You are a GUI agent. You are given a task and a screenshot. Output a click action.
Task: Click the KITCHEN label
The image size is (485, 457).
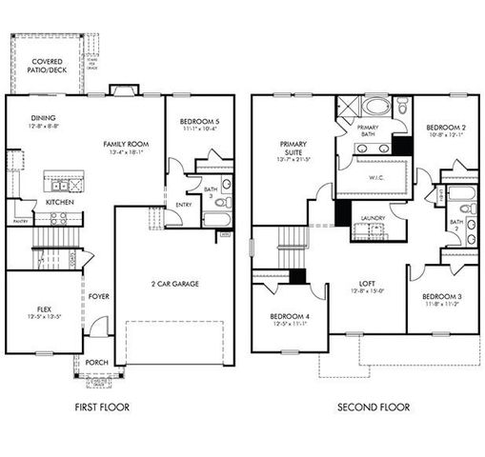(33, 202)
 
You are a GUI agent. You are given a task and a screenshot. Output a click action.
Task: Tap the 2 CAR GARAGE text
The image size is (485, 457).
(173, 285)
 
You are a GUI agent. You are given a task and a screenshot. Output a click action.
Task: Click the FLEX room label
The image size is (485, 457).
(39, 310)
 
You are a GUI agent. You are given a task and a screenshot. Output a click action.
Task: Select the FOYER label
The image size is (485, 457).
(99, 296)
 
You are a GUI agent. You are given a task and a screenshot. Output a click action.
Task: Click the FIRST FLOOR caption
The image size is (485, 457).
(101, 407)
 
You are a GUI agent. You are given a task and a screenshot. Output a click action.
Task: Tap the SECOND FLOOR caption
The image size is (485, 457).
(374, 407)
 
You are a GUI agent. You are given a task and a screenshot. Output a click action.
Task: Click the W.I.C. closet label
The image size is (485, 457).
(375, 176)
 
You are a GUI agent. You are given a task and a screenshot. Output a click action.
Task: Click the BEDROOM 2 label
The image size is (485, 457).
(444, 127)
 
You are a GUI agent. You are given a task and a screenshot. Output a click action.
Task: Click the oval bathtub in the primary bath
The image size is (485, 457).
(374, 106)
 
